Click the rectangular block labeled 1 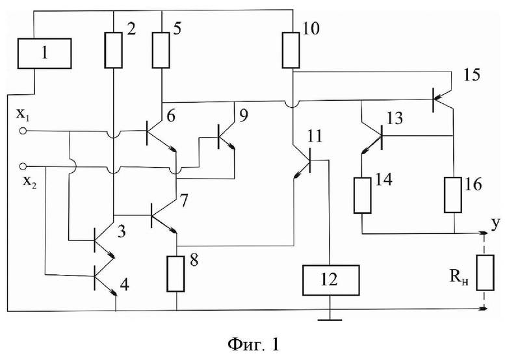(44, 53)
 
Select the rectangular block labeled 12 (330, 280)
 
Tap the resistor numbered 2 (114, 50)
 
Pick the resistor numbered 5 (161, 50)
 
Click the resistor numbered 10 (291, 50)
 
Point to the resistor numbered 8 (176, 274)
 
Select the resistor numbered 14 (362, 195)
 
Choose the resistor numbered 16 (453, 194)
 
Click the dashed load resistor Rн (486, 272)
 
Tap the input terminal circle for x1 (23, 131)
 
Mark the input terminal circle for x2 (23, 166)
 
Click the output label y (495, 225)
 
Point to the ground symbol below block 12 (330, 320)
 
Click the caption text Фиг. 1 (253, 344)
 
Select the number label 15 (472, 75)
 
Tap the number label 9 (244, 116)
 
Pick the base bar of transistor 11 (310, 161)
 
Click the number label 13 (394, 119)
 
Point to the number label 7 (183, 201)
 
